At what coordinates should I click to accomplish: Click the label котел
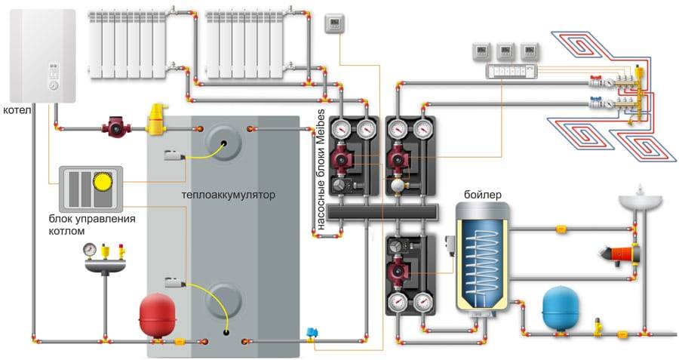tap(17, 109)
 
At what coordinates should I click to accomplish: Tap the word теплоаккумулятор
tap(229, 195)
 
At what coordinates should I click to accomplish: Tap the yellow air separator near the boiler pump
tap(157, 120)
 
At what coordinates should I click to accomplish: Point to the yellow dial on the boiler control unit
tap(100, 181)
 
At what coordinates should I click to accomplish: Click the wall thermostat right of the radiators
tap(333, 25)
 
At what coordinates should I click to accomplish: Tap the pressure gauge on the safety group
tap(91, 248)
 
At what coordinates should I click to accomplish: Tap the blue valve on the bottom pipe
tap(311, 333)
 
